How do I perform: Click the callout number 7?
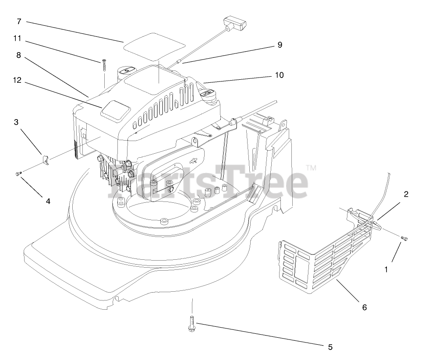click(x=19, y=21)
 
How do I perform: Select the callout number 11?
click(x=17, y=38)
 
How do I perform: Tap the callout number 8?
click(x=18, y=56)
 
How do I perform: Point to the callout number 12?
click(x=17, y=80)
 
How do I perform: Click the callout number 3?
click(x=16, y=122)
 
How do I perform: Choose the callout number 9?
click(x=280, y=44)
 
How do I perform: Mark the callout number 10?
click(x=279, y=75)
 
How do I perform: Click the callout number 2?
click(x=406, y=194)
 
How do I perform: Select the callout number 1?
click(x=386, y=270)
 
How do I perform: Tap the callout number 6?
click(x=364, y=307)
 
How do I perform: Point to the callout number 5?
click(x=329, y=347)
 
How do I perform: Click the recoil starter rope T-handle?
click(x=235, y=22)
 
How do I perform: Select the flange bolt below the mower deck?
click(x=192, y=324)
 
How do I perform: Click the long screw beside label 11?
click(x=104, y=66)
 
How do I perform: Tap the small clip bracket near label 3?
click(x=45, y=158)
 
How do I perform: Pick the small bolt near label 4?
click(x=18, y=174)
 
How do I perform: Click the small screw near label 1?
click(x=404, y=238)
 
